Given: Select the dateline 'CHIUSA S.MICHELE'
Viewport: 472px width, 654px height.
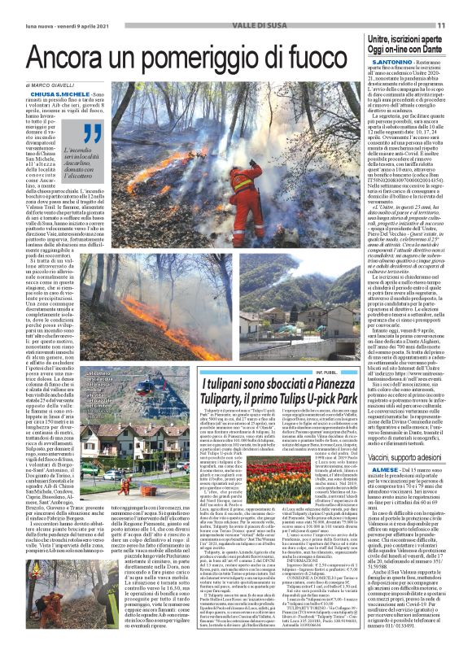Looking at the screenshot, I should pos(54,97).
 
